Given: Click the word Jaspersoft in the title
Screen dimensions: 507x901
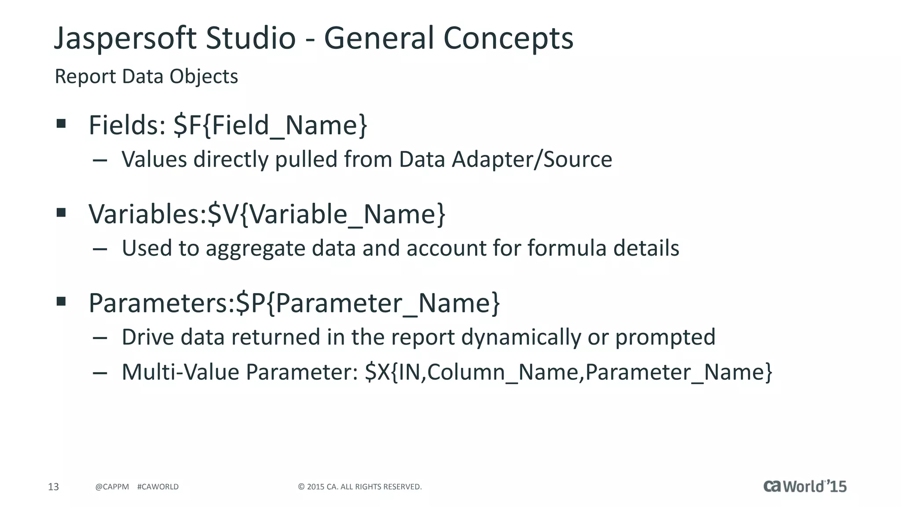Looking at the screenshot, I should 125,39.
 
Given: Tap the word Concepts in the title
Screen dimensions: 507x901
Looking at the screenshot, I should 508,39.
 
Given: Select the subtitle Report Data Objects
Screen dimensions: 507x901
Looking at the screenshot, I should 146,77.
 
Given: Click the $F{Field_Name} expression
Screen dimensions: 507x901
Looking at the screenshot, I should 270,125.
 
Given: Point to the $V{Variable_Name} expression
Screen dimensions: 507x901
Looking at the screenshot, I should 326,214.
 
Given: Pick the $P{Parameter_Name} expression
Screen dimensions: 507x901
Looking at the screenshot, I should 368,303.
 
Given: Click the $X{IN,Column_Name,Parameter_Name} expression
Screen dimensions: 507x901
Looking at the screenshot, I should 568,372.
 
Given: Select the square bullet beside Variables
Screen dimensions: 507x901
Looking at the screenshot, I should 61,213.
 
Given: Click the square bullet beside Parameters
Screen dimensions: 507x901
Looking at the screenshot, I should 61,301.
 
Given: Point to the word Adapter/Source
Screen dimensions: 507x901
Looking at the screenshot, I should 532,159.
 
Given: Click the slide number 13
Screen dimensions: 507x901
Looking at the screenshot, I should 53,487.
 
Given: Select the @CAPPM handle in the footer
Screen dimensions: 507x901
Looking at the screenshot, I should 112,487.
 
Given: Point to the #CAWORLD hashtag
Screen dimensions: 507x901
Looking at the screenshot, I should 158,487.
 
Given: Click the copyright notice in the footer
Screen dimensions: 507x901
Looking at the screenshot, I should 360,487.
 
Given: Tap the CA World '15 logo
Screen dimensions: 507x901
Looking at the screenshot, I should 805,486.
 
